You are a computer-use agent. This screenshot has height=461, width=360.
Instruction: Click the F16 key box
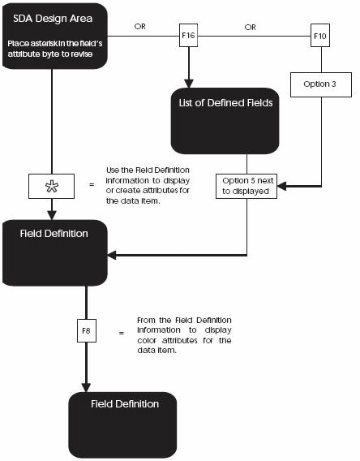(x=189, y=37)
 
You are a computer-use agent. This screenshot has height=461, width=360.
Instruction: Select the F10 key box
(x=322, y=37)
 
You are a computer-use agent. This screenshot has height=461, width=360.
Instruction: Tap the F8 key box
(x=85, y=331)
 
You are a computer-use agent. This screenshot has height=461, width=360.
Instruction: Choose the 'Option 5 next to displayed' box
(x=246, y=186)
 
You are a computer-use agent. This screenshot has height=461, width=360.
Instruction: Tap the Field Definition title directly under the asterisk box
(x=54, y=233)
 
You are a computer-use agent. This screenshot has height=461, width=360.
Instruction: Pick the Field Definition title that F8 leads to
(x=125, y=403)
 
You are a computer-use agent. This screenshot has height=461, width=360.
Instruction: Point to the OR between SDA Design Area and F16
(x=140, y=26)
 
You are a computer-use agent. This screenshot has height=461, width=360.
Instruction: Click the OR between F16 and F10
(x=251, y=26)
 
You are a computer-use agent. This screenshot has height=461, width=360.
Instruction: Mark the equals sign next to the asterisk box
(x=92, y=185)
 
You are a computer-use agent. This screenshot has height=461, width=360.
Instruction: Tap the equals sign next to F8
(x=122, y=332)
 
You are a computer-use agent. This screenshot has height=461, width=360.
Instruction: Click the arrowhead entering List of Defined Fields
(x=189, y=82)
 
